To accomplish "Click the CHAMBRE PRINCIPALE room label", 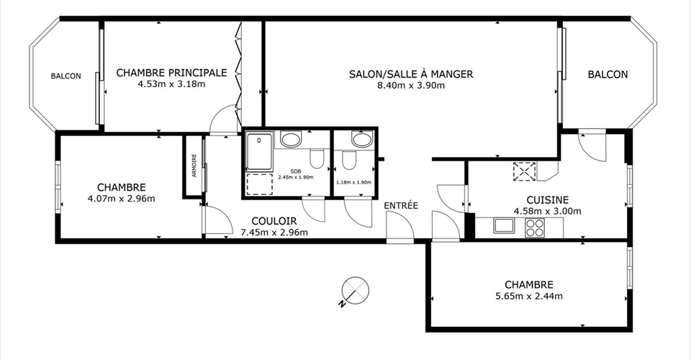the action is [171, 73].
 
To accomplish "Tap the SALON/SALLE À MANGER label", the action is [411, 74].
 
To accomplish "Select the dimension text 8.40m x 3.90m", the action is [411, 86].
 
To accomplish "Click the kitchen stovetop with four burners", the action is [535, 228].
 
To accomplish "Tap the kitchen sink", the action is [503, 225].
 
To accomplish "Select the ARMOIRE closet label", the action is [194, 166].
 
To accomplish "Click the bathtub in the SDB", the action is [259, 152].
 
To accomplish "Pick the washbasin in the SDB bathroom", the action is [291, 140].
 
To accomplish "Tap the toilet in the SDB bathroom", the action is [317, 158].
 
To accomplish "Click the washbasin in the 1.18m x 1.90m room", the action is [363, 139].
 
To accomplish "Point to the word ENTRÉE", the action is [401, 205].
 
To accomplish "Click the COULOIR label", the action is [274, 221].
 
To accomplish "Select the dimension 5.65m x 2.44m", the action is [529, 296].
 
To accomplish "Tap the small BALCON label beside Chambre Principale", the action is [66, 76].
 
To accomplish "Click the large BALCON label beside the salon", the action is [608, 74].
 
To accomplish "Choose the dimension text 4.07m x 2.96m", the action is [122, 199].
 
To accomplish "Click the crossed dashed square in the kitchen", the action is [525, 171].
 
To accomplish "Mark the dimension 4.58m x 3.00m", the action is [547, 211].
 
